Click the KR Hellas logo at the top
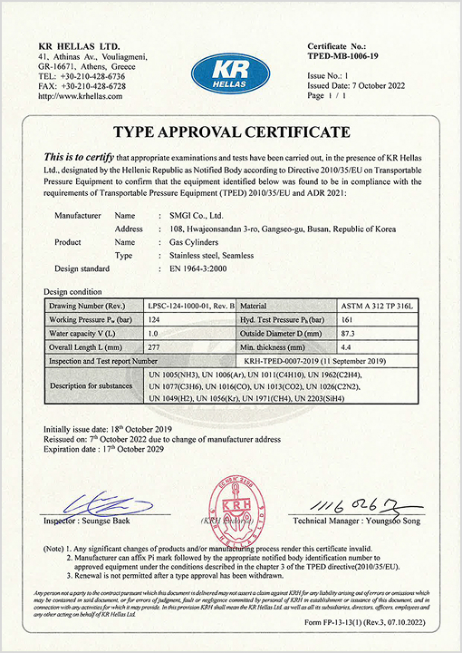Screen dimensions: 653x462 [232, 72]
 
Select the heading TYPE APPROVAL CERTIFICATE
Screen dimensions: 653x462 [231, 132]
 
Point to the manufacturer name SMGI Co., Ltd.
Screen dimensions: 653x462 [178, 216]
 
